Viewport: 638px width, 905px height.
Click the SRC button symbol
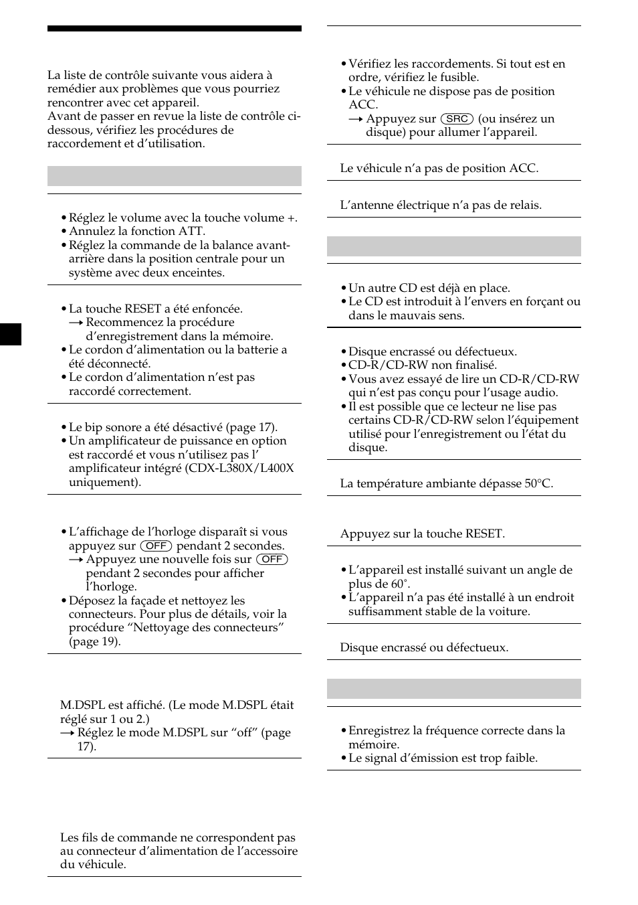[457, 118]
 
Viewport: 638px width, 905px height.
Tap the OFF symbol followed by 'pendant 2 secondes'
[156, 546]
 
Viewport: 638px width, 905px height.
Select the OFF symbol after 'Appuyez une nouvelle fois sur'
[272, 559]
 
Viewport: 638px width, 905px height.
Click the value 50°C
[538, 483]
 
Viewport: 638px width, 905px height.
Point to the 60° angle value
[399, 584]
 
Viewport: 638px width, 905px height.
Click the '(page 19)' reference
[95, 641]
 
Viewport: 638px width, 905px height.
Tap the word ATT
[192, 232]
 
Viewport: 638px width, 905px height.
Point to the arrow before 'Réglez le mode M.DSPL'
[67, 732]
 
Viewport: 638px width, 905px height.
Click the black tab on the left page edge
[11, 334]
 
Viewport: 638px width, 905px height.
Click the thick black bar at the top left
[174, 29]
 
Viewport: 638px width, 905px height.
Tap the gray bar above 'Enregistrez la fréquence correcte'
[453, 689]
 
